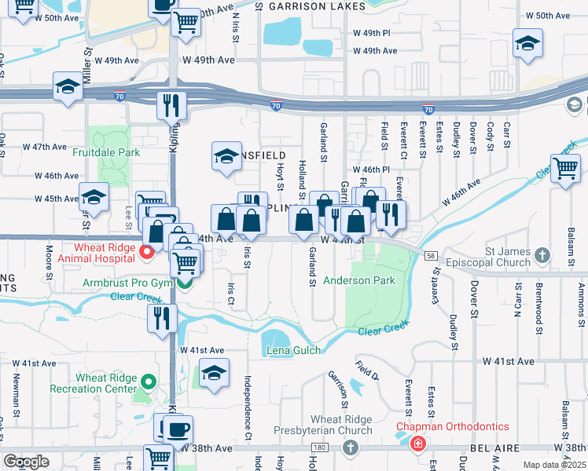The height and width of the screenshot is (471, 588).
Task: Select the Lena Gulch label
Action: (293, 350)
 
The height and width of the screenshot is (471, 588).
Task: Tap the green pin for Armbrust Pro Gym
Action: (183, 283)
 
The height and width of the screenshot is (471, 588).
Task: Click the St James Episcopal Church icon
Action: (542, 254)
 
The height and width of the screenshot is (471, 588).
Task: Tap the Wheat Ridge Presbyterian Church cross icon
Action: (350, 447)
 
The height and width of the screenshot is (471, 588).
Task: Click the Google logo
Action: (27, 462)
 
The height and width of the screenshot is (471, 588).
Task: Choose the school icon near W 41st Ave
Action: (214, 373)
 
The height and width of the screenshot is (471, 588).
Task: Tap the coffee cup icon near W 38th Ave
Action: (178, 429)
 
